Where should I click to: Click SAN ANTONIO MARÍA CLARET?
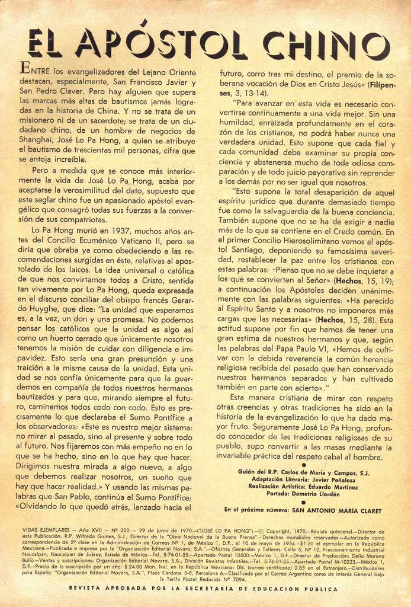click(x=336, y=510)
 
